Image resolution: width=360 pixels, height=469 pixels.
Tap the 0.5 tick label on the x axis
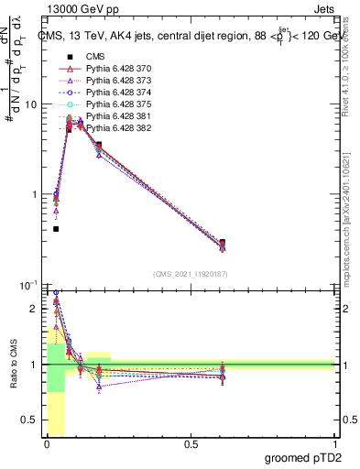[x=191, y=444]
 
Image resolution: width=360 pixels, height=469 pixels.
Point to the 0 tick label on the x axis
[x=47, y=444]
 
